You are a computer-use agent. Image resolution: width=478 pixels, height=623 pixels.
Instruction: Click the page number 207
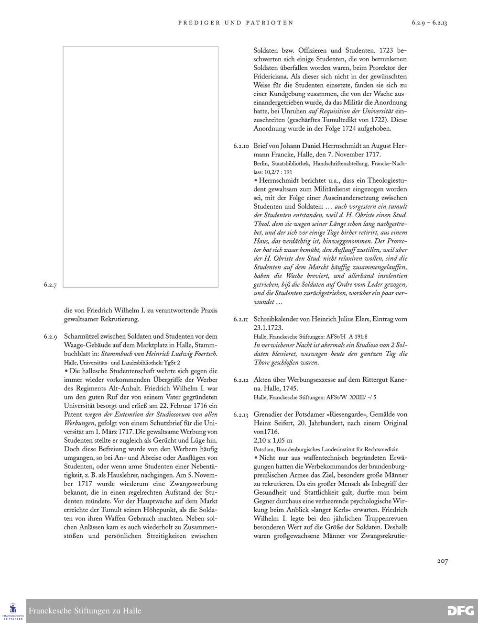pos(442,561)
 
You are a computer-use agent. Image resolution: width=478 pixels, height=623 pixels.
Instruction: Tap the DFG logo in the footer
pos(460,611)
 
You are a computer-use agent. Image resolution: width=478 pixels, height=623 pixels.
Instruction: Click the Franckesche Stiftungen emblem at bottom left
pos(13,611)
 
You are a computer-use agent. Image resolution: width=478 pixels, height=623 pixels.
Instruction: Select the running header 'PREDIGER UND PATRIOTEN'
pos(236,22)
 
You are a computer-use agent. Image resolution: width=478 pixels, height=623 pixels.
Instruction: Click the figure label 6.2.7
pos(50,285)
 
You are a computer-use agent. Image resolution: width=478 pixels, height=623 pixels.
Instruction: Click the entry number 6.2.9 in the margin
pos(50,337)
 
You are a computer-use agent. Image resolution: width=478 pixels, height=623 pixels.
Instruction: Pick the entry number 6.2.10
pos(241,145)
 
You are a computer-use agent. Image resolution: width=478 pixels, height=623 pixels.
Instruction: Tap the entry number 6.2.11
pos(241,319)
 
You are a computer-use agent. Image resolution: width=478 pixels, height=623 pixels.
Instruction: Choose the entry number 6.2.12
pos(241,380)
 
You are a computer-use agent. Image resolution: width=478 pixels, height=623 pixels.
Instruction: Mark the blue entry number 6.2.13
pos(241,415)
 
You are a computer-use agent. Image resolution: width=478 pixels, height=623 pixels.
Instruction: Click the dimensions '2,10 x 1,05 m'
pos(273,440)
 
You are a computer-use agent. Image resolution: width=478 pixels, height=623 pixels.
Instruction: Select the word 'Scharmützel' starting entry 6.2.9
pos(83,336)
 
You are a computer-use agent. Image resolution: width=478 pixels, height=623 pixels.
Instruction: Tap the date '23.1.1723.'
pos(268,328)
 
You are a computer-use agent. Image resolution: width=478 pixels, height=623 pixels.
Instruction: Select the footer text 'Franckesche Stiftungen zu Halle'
pos(85,611)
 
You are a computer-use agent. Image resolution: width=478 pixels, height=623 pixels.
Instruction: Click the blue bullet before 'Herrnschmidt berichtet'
pos(256,180)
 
